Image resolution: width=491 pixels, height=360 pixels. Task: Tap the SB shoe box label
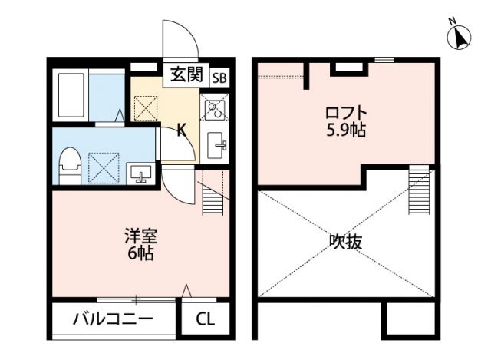[219, 77]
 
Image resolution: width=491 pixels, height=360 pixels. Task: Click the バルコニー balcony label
[113, 319]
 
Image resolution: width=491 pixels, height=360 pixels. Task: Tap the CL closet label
[205, 319]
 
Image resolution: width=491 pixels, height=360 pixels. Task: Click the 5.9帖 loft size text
[343, 130]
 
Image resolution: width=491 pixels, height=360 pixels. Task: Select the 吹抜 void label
[346, 241]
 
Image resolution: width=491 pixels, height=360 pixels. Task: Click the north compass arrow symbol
[460, 36]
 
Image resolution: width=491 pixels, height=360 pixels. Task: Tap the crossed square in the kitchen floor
[146, 108]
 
